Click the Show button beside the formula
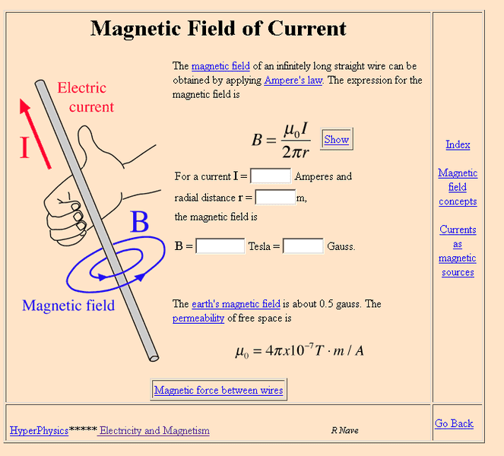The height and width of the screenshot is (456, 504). point(336,139)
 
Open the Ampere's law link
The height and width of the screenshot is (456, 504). point(293,81)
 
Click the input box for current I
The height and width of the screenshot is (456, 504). point(271,176)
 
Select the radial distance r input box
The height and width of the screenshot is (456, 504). point(275,198)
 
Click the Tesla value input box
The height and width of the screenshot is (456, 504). point(220,246)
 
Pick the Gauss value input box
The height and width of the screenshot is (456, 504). point(303,246)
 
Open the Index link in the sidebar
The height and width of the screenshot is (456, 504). point(458,144)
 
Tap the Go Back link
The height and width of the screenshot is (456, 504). point(454,423)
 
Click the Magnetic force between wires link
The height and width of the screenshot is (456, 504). point(218,391)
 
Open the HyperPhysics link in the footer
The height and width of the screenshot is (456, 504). point(39,430)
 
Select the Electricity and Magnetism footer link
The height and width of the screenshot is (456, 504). point(154,430)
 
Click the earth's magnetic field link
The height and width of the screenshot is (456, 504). point(236,304)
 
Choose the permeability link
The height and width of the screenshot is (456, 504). point(198,318)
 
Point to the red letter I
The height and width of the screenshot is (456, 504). point(24,147)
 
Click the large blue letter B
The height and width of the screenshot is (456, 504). point(139,223)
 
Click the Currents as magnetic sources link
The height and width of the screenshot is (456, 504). point(458,251)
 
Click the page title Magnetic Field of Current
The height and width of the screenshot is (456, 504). point(218,29)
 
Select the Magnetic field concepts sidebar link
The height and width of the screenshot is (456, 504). point(458,187)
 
